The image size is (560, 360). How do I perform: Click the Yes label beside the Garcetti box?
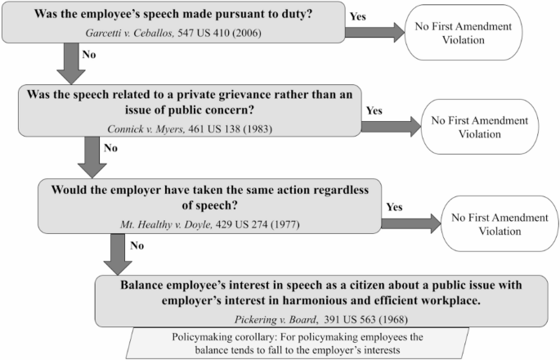click(358, 16)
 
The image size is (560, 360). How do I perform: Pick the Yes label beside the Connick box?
click(374, 110)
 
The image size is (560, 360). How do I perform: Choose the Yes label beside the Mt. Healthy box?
click(393, 207)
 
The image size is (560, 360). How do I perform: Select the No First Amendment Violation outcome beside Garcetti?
click(462, 33)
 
